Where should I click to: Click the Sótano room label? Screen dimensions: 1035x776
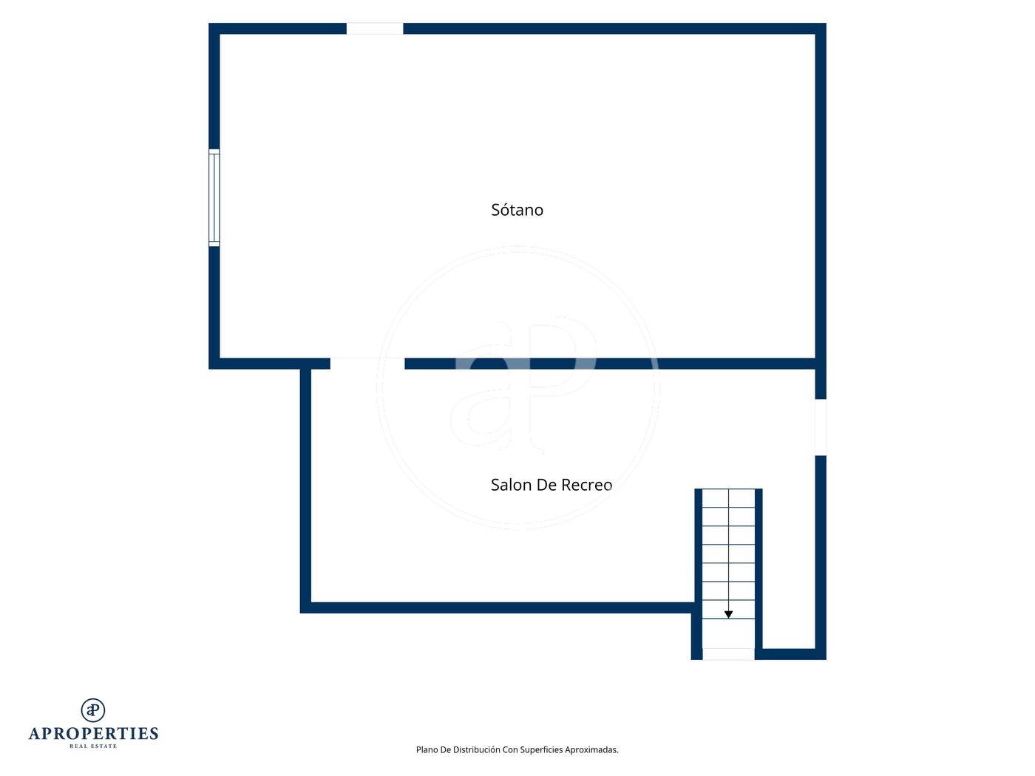coord(517,210)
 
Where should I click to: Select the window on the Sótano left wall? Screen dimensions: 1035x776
coord(214,198)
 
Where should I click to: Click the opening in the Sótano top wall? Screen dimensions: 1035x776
coord(375,29)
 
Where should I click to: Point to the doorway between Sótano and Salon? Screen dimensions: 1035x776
coord(367,364)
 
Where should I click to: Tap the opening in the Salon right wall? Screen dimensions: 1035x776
coord(821,427)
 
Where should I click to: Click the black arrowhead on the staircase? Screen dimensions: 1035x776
coord(728,614)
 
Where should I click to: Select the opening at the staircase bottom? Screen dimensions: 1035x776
coord(728,654)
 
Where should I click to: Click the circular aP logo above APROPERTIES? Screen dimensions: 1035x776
coord(93,710)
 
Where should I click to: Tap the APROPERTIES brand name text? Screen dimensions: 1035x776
coord(93,734)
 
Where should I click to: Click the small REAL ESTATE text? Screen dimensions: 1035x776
coord(93,746)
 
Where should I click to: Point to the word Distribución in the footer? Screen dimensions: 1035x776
coord(476,749)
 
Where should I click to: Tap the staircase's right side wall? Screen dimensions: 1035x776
coord(759,574)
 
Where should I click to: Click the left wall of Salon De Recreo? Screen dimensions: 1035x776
coord(305,491)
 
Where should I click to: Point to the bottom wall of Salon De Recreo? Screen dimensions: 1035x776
coord(498,607)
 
